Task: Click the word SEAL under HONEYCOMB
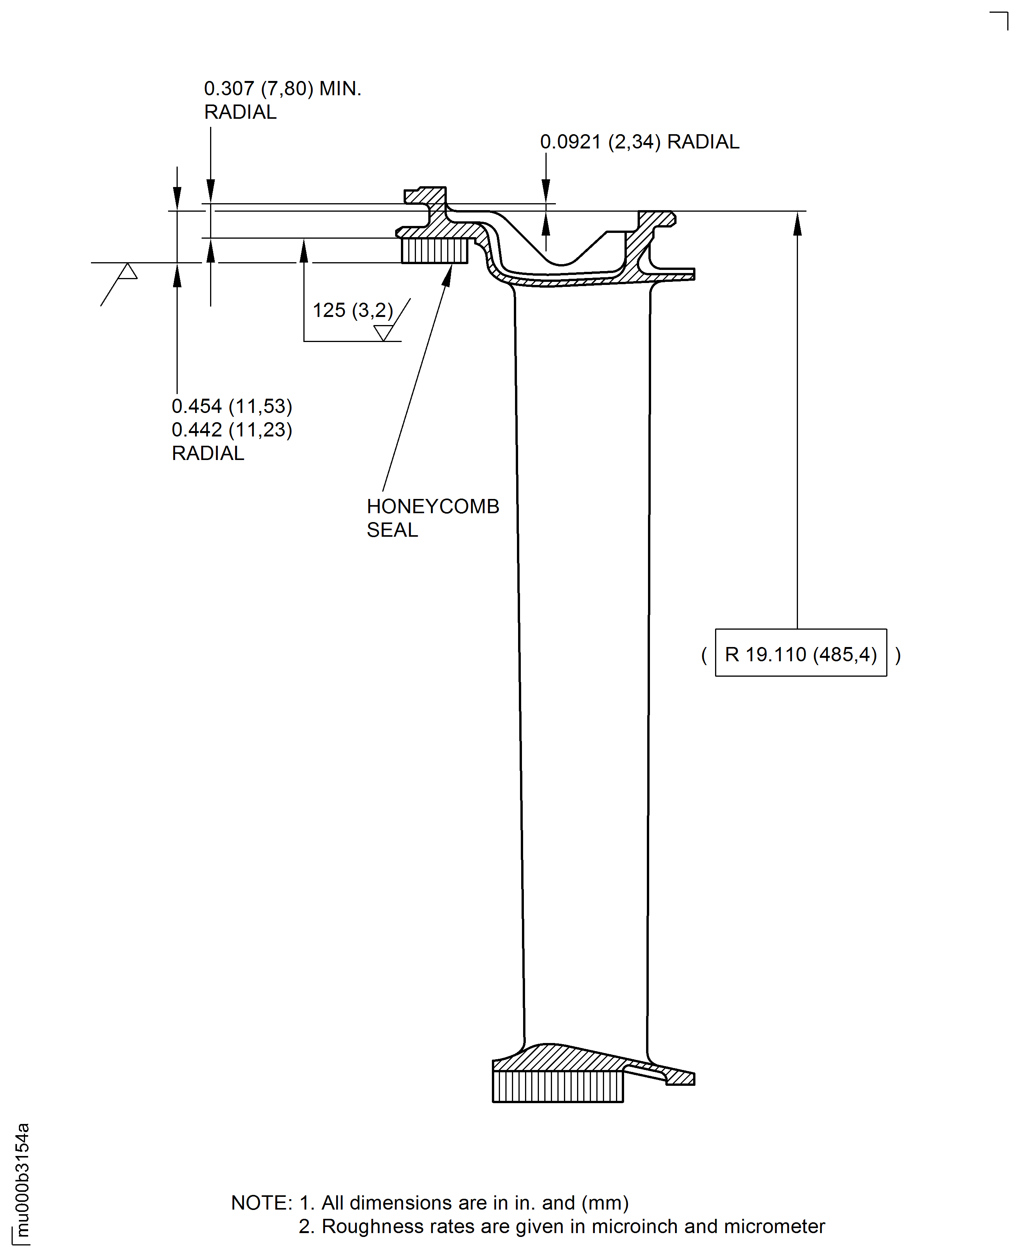tap(392, 530)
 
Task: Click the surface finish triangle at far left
tap(128, 272)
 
